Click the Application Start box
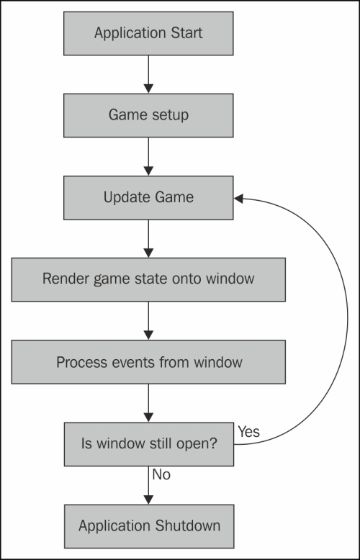(148, 33)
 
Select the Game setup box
(148, 115)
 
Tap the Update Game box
(148, 197)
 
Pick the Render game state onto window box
(148, 280)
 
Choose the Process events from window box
(148, 362)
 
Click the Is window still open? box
(149, 444)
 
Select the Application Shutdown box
(149, 526)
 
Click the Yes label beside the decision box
(249, 432)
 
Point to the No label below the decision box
(161, 474)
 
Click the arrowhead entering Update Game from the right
(238, 199)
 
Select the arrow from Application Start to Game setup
(148, 74)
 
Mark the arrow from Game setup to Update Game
(148, 156)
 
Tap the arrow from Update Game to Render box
(148, 238)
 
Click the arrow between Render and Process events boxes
(148, 321)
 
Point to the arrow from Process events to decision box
(148, 403)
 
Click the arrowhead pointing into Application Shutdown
(148, 500)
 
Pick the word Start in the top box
(186, 33)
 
